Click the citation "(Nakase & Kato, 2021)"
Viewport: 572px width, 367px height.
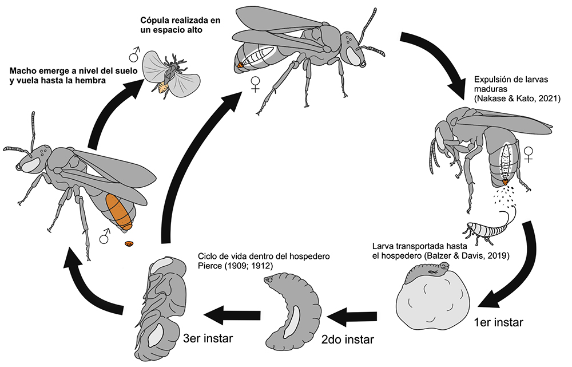pyautogui.click(x=518, y=99)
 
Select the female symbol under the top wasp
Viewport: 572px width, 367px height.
pyautogui.click(x=256, y=85)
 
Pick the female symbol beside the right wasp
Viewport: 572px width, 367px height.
pyautogui.click(x=529, y=153)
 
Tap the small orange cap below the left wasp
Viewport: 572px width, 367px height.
pyautogui.click(x=129, y=244)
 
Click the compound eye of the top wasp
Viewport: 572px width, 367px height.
pyautogui.click(x=355, y=57)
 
